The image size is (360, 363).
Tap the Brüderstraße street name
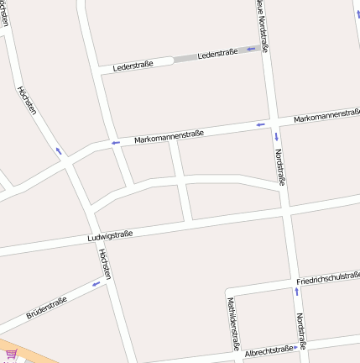click(x=47, y=308)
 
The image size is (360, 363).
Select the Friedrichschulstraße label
click(x=328, y=278)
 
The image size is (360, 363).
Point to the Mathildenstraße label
click(x=232, y=324)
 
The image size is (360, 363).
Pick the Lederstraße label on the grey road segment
click(x=217, y=55)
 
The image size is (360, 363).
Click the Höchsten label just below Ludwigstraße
click(x=105, y=264)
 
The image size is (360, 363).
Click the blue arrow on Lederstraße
click(x=250, y=49)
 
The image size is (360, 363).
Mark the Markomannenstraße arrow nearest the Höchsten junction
click(x=116, y=143)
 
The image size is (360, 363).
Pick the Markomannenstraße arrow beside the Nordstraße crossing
click(x=261, y=125)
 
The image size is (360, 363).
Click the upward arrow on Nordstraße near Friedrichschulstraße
click(x=295, y=292)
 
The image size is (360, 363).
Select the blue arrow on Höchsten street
click(x=58, y=151)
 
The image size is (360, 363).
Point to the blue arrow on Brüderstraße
click(x=96, y=284)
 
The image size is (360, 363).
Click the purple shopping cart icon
click(x=11, y=355)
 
